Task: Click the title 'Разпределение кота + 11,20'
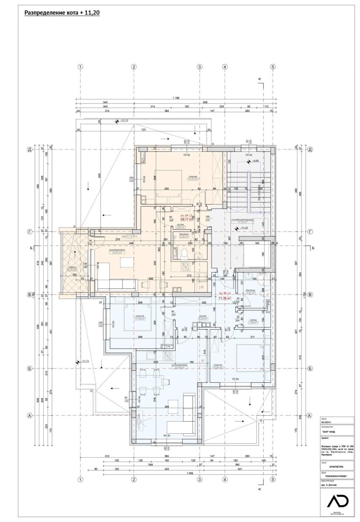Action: [x=62, y=13]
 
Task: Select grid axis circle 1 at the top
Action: [x=81, y=67]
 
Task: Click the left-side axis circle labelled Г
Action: [x=30, y=231]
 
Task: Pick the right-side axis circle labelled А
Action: [x=310, y=415]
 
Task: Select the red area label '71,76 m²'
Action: [x=225, y=298]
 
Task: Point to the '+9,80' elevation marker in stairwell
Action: [x=255, y=160]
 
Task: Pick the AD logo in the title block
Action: [x=334, y=501]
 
